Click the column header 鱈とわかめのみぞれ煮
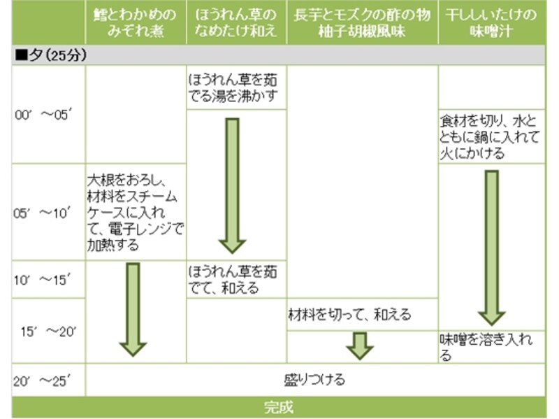coord(136,23)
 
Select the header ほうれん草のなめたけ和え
coord(236,23)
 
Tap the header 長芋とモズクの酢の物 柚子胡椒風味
coord(362,23)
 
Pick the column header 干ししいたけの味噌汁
coord(491,23)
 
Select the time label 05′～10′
coord(43,213)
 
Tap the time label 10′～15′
coord(43,280)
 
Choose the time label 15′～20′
coord(48,331)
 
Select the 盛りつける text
coord(314,380)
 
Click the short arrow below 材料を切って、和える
coord(360,346)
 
